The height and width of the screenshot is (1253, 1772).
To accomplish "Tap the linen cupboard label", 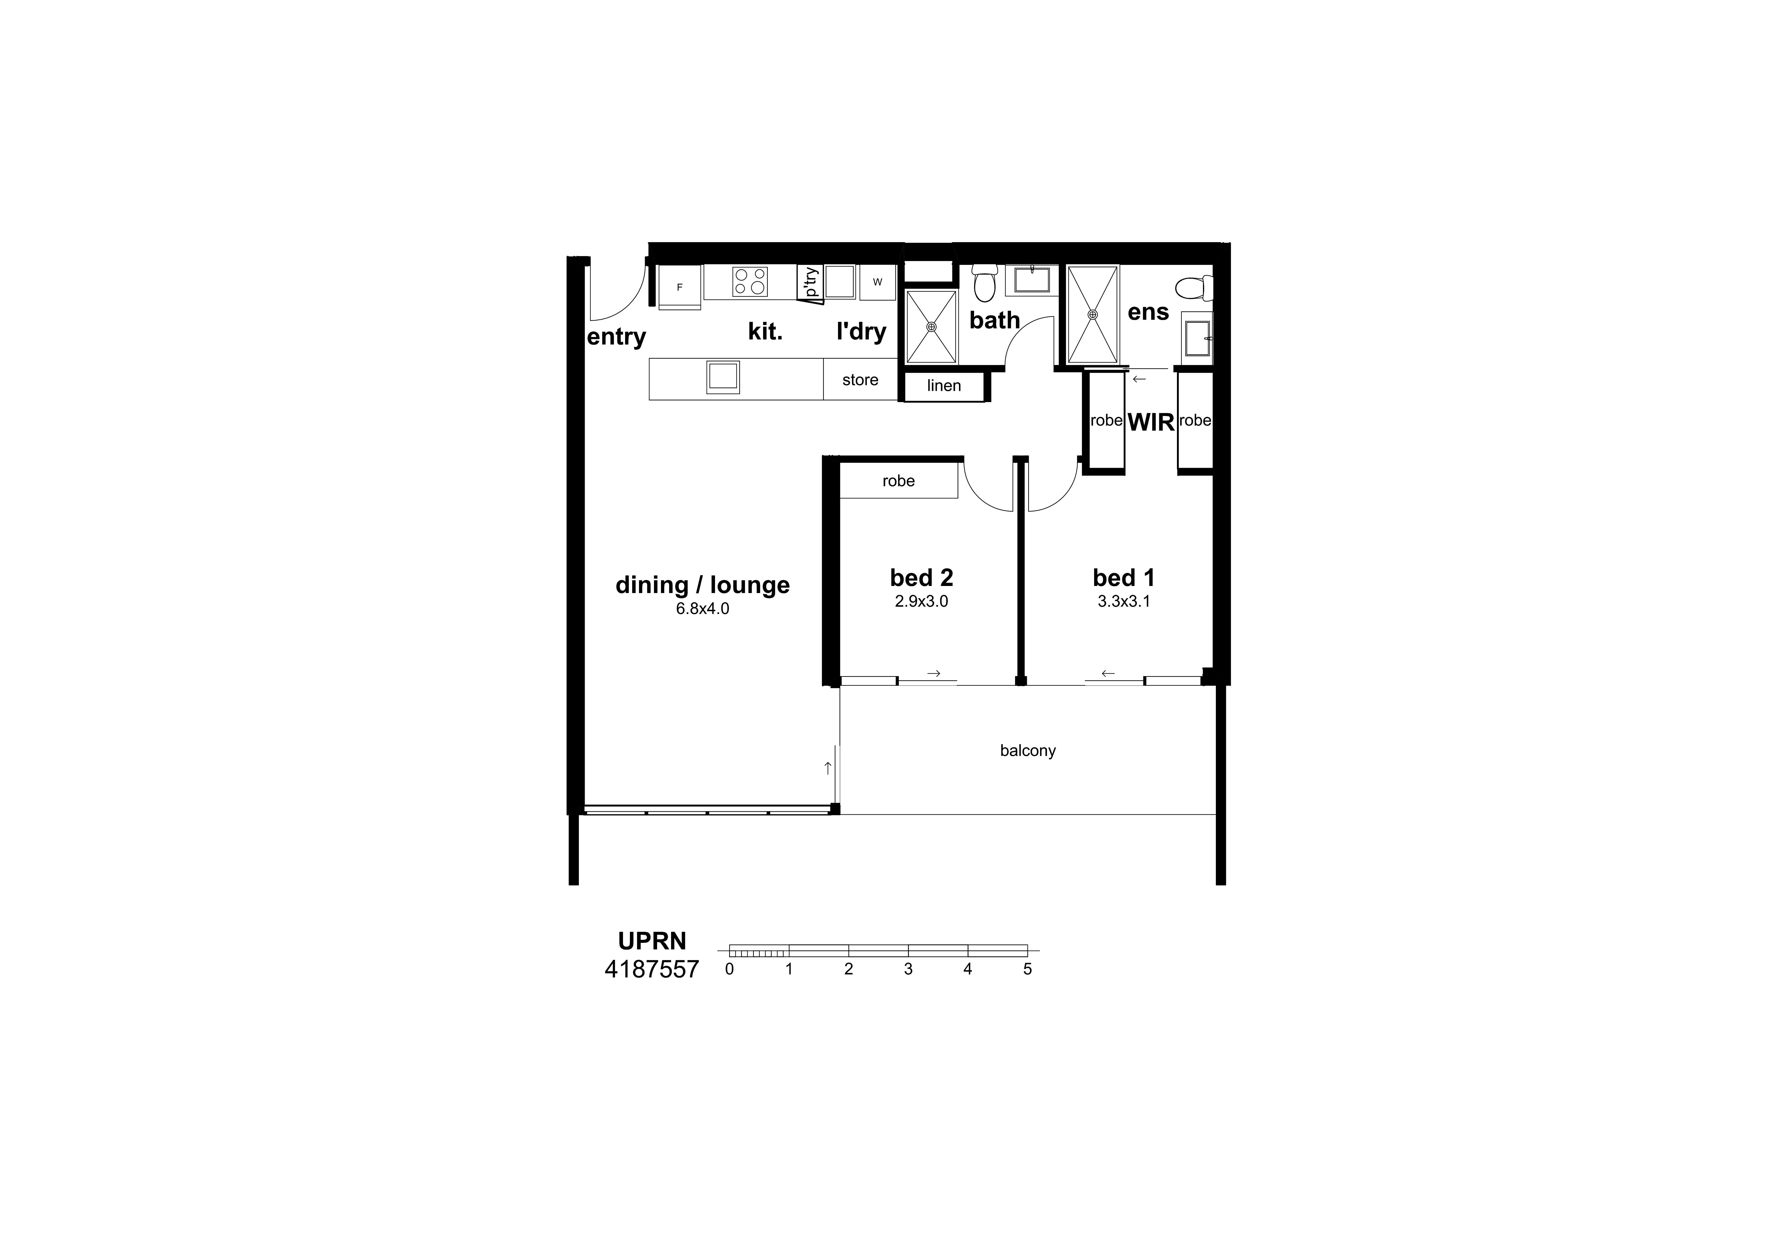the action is (x=944, y=386).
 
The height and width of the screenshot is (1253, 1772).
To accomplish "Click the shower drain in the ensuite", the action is (x=1092, y=315).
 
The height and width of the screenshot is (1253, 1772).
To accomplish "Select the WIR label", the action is (x=1151, y=422).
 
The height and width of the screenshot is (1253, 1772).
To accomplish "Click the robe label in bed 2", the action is (x=898, y=481).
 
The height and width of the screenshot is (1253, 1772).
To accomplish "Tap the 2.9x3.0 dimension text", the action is (x=922, y=601).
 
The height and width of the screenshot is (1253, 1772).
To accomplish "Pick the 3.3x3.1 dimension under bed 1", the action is (x=1124, y=601).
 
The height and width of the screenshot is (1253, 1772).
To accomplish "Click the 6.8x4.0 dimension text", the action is (x=702, y=608).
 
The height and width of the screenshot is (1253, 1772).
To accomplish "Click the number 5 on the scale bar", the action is (x=1027, y=969).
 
